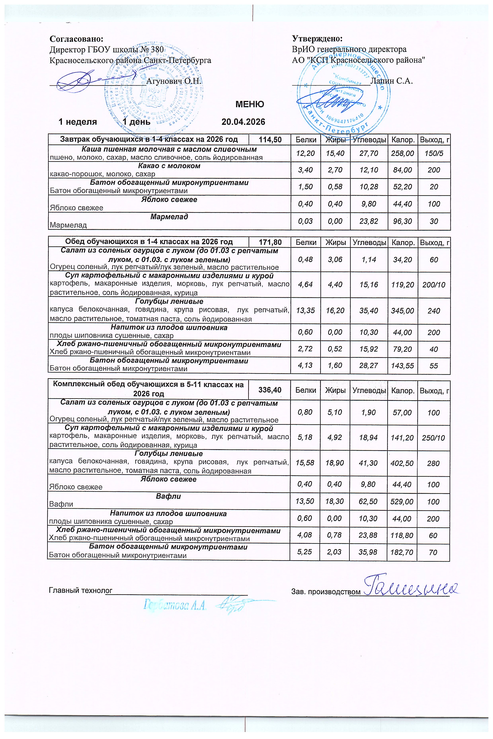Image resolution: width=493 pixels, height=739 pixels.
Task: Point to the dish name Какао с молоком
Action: [x=169, y=166]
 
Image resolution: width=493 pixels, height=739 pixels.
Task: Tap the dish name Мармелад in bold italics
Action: [x=169, y=217]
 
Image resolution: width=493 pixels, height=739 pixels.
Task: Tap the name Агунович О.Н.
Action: [x=174, y=81]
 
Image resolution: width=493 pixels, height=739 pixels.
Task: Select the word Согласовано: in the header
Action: [x=76, y=39]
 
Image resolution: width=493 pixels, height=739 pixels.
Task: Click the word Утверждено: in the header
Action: [x=317, y=39]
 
